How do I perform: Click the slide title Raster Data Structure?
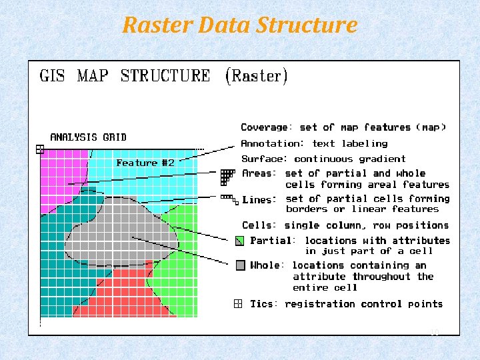240,25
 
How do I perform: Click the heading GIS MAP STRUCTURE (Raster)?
164,76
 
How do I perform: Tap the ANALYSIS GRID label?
88,137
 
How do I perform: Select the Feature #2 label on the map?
145,163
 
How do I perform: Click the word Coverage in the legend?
266,127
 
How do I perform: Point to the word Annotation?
271,143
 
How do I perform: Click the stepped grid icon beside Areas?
227,176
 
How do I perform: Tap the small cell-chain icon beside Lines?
229,199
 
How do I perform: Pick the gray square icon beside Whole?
241,265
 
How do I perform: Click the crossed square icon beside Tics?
238,304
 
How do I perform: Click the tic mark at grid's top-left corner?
40,149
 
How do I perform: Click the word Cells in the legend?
259,225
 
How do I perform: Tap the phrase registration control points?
363,304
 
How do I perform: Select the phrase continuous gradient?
349,159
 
